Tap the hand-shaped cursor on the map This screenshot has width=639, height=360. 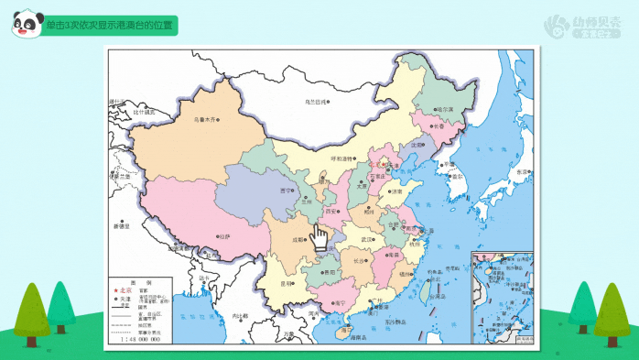coord(319,237)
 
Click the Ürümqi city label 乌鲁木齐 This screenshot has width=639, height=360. coord(202,119)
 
